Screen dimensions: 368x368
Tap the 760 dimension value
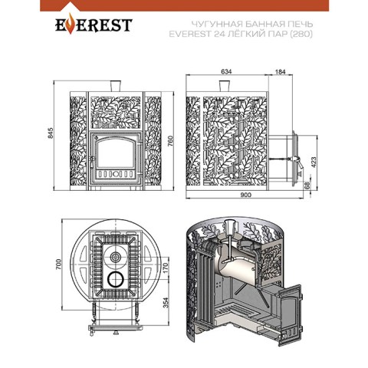[x=170, y=141]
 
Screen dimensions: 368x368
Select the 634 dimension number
[x=226, y=72]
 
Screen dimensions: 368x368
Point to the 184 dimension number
[x=281, y=72]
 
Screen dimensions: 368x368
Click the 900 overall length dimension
[x=246, y=195]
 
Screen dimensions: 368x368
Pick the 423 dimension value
[x=314, y=163]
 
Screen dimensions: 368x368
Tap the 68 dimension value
[x=307, y=186]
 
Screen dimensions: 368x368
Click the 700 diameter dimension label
[x=58, y=264]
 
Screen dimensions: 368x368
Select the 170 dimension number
[x=166, y=269]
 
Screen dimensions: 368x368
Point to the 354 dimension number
[x=166, y=303]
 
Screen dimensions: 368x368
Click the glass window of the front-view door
[x=114, y=153]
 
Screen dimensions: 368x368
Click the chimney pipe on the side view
[x=225, y=86]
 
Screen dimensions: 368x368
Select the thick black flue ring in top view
[x=116, y=279]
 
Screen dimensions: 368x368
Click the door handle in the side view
[x=297, y=161]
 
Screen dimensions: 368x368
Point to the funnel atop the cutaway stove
[x=229, y=227]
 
